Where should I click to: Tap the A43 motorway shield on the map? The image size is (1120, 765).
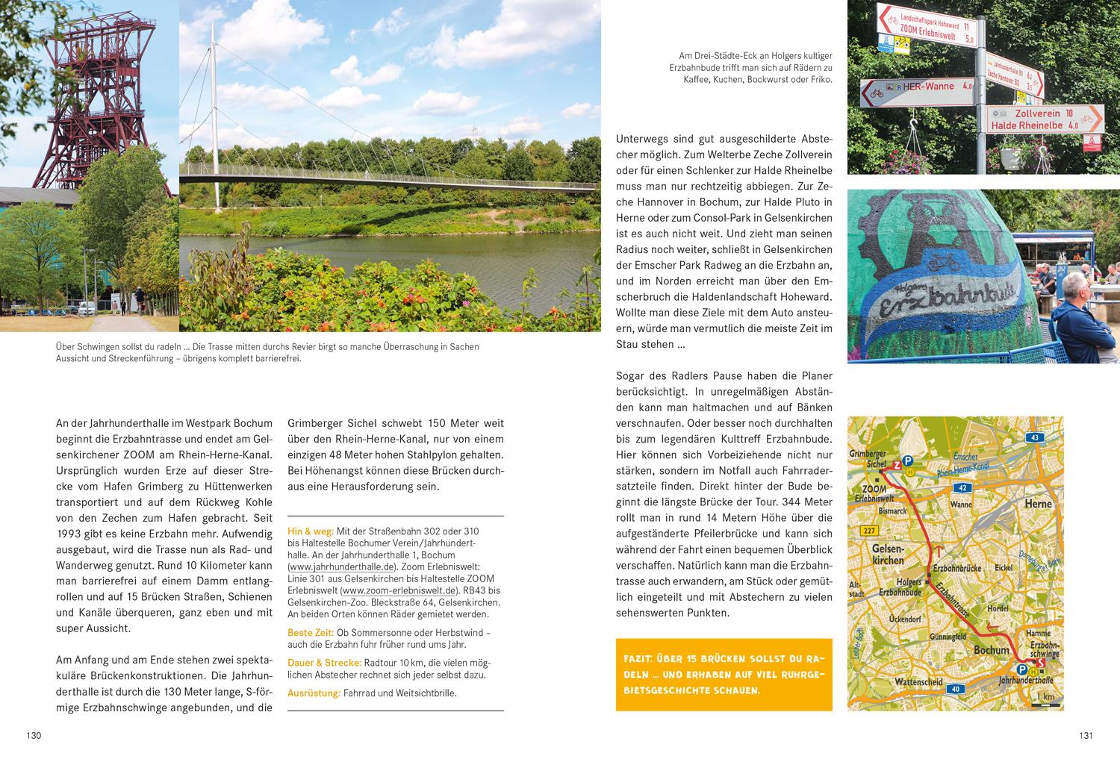coord(1033,437)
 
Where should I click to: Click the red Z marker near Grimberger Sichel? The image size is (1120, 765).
coord(897,466)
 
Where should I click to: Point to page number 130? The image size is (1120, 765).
coord(34,736)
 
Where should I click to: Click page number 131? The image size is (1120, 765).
coord(1086,736)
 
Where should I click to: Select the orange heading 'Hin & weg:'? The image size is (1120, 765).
coord(311,531)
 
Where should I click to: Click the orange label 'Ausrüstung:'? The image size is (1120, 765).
coord(314,693)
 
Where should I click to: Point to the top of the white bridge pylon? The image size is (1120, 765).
coord(213,23)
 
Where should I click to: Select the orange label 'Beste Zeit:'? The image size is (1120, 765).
coord(311,633)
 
